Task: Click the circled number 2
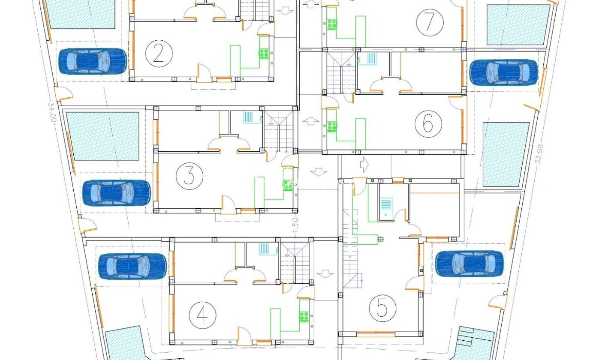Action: pyautogui.click(x=159, y=54)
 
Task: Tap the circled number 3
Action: pyautogui.click(x=190, y=176)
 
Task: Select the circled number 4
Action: pyautogui.click(x=202, y=315)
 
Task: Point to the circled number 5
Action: pyautogui.click(x=382, y=308)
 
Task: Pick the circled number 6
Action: pyautogui.click(x=428, y=123)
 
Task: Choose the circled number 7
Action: pyautogui.click(x=430, y=23)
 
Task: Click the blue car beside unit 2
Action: pyautogui.click(x=92, y=61)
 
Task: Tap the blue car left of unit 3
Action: pyautogui.click(x=117, y=193)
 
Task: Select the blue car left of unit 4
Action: pyautogui.click(x=132, y=266)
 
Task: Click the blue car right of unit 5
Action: pyautogui.click(x=470, y=264)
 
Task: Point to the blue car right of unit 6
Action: pyautogui.click(x=504, y=72)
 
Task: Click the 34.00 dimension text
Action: pyautogui.click(x=52, y=112)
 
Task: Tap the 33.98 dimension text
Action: pyautogui.click(x=539, y=154)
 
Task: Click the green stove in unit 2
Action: pyautogui.click(x=264, y=54)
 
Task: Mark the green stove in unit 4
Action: pyautogui.click(x=304, y=317)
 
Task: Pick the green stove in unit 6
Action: pyautogui.click(x=332, y=126)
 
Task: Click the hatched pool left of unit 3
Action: pyautogui.click(x=102, y=136)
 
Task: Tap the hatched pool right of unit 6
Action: pyautogui.click(x=506, y=154)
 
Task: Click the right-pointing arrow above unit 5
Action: pyautogui.click(x=364, y=165)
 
